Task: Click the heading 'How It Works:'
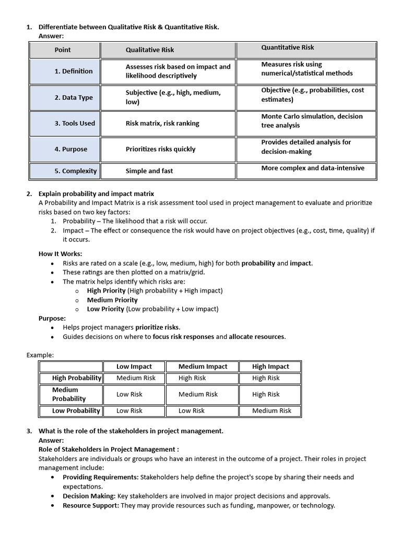60,254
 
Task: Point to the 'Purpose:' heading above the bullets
52,318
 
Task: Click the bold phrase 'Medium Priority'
112,300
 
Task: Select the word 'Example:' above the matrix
40,355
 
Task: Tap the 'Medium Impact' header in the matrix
203,367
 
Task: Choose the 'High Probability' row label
77,378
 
